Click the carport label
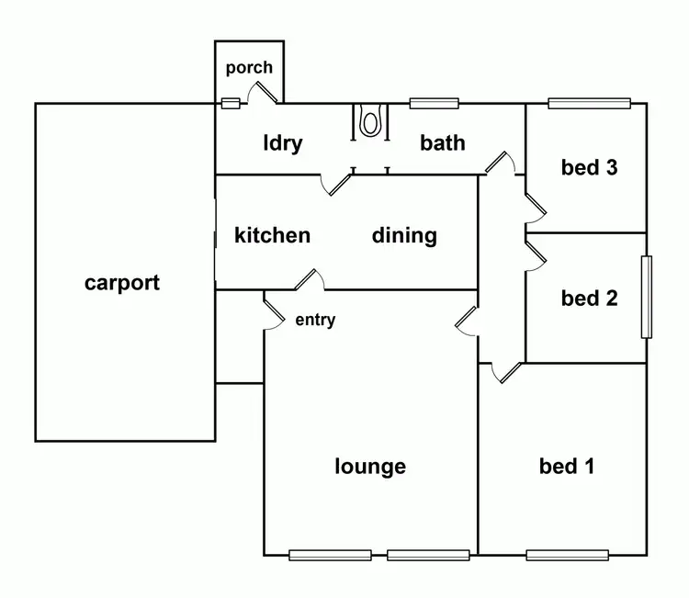[x=122, y=283]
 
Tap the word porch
[x=249, y=67]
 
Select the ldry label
[x=282, y=143]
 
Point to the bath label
[x=443, y=142]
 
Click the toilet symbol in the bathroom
[x=371, y=121]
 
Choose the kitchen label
[x=272, y=235]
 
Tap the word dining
[x=404, y=235]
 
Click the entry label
[x=315, y=320]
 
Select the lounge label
[x=370, y=467]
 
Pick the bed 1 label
[x=566, y=467]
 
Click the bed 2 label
[x=589, y=298]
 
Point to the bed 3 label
[x=589, y=167]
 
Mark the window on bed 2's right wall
[x=647, y=297]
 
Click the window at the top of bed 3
[x=589, y=103]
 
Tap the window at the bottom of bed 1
[x=567, y=555]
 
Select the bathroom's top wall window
[x=434, y=103]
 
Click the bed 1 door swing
[x=504, y=372]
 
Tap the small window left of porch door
[x=231, y=103]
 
